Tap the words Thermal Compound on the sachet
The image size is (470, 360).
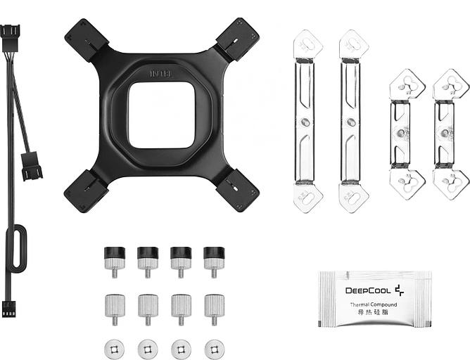[x=374, y=304]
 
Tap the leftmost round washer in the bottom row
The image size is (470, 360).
[x=115, y=347]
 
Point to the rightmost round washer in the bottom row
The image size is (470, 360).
[x=212, y=347]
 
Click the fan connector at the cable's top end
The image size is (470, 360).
[x=13, y=34]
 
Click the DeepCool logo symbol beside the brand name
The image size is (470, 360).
[x=399, y=288]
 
